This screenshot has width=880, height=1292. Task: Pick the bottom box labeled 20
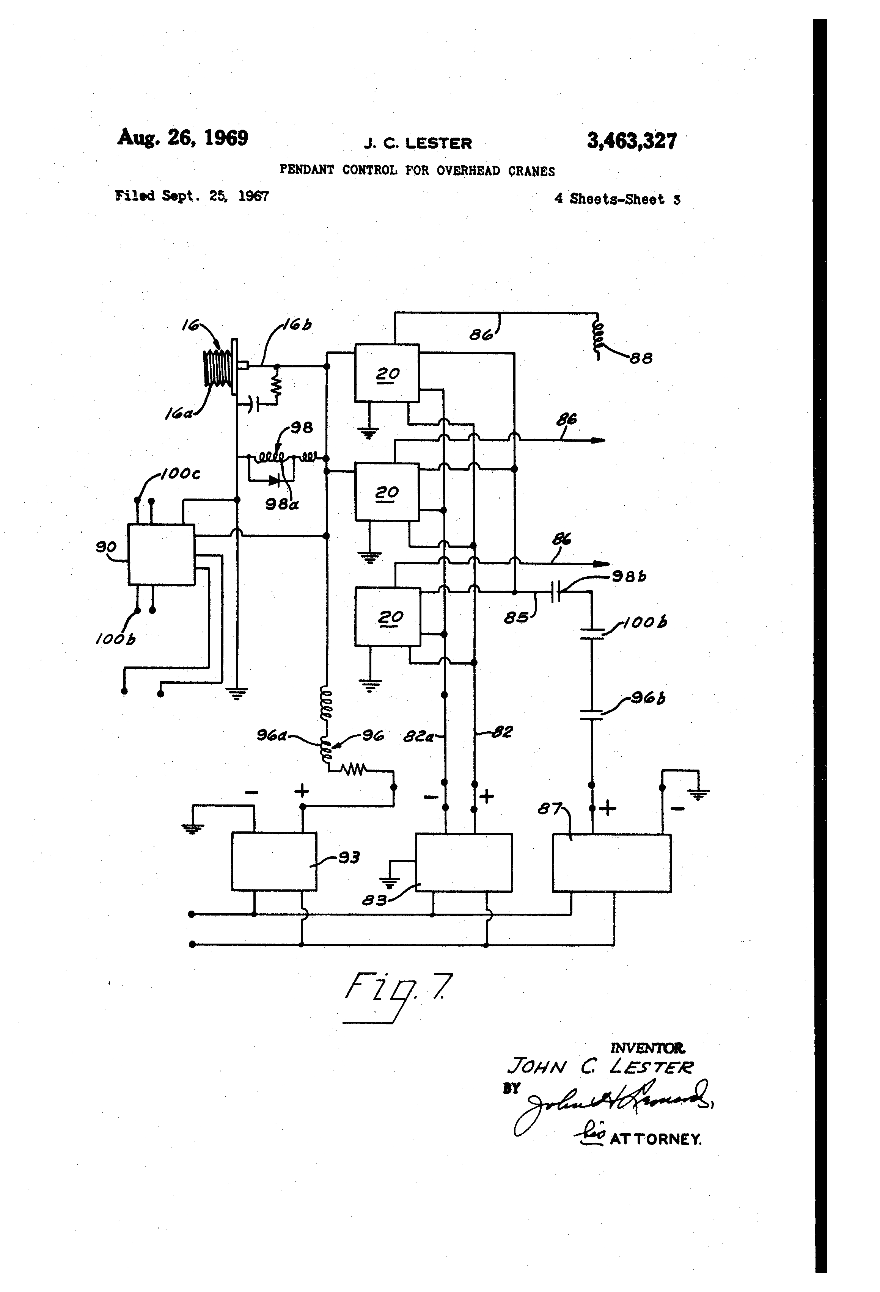point(387,616)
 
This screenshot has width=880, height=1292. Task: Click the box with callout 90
point(161,554)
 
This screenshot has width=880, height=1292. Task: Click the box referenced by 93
point(274,861)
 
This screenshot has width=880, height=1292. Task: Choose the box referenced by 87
point(611,863)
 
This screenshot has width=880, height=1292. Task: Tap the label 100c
point(180,474)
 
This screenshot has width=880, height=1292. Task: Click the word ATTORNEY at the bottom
point(655,1139)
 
